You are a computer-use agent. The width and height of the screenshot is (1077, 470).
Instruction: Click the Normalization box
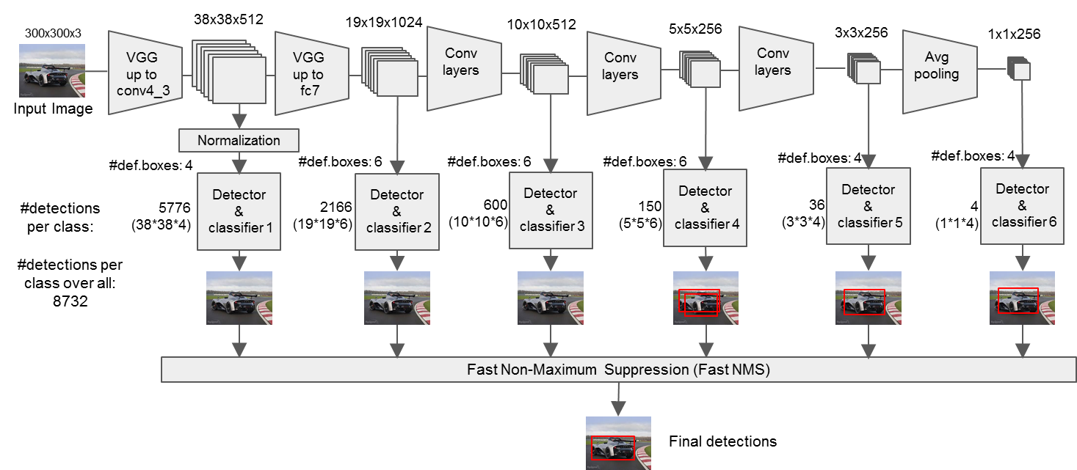coord(239,140)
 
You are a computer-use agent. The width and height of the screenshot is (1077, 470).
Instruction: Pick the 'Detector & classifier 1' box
coord(239,210)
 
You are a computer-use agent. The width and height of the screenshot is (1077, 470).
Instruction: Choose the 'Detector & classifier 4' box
coord(705,208)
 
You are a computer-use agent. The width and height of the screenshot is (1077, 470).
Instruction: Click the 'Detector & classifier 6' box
coord(1022,205)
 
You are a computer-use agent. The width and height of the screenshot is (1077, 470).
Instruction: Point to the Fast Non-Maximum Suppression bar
coord(617,370)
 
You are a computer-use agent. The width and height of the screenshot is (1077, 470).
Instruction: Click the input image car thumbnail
coord(51,70)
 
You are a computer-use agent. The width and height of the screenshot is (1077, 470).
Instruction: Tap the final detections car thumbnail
coord(618,442)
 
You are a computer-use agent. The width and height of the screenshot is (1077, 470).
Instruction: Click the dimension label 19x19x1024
coord(384,22)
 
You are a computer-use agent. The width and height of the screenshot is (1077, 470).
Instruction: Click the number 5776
coord(174,208)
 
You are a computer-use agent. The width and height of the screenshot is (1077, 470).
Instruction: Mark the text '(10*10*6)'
coord(478,221)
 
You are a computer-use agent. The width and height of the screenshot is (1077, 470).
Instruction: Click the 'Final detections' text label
coord(722,441)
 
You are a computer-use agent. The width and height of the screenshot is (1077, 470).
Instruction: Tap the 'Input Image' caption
coord(53,109)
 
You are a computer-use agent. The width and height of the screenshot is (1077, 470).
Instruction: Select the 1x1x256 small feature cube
coord(1020,70)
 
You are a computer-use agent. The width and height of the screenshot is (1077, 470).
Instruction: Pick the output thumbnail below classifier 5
coord(868,298)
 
